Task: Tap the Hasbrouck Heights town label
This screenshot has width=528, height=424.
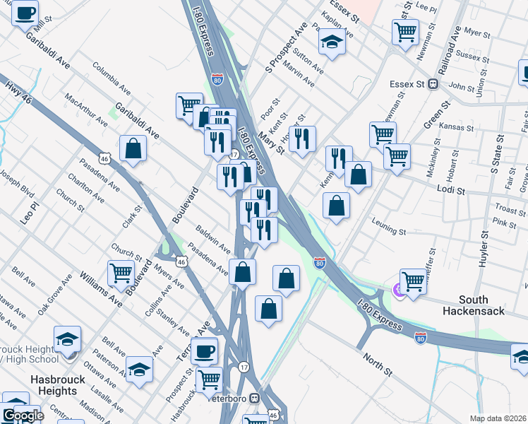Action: click(x=54, y=386)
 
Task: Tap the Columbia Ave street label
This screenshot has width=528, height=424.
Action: click(x=112, y=81)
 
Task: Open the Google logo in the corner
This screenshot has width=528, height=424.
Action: click(x=23, y=416)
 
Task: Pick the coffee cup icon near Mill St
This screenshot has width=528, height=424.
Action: click(x=25, y=13)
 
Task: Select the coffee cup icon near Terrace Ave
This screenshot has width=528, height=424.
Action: click(x=205, y=351)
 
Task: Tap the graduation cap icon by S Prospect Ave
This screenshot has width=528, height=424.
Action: click(x=332, y=42)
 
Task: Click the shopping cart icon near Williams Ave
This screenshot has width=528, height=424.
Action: click(x=121, y=272)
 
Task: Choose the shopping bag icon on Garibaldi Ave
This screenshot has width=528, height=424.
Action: click(x=133, y=148)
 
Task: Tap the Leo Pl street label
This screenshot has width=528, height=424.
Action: click(x=27, y=211)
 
